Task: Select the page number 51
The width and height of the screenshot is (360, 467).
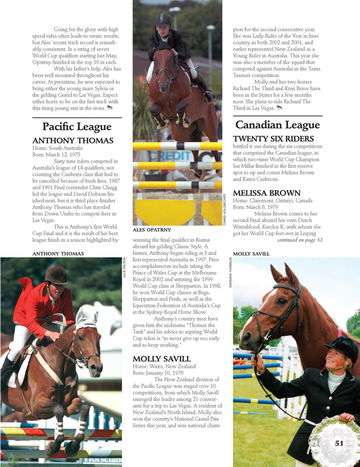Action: (339, 443)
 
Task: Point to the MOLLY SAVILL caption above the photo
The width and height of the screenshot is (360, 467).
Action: (251, 254)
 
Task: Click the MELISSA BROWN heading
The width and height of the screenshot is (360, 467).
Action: (267, 193)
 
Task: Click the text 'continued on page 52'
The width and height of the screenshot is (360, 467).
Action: (300, 240)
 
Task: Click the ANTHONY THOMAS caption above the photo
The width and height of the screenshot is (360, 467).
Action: (58, 254)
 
